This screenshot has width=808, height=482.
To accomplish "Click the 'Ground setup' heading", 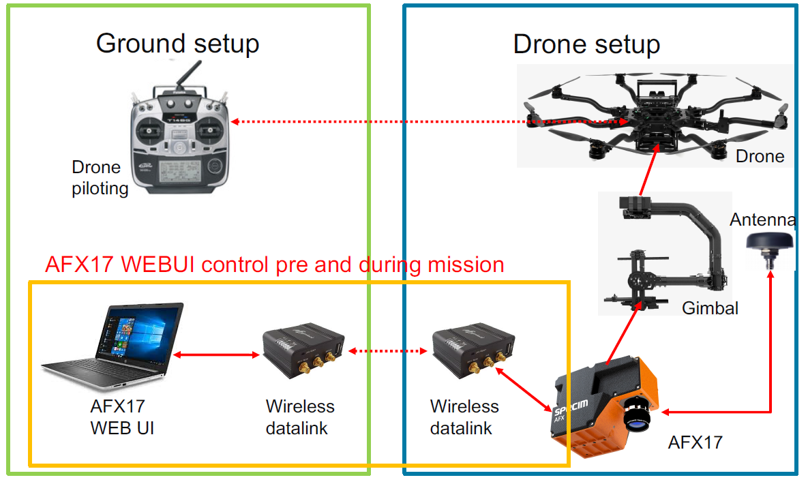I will (177, 44).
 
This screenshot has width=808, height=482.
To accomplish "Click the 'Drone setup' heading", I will (586, 45).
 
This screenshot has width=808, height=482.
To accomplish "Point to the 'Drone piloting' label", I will (100, 177).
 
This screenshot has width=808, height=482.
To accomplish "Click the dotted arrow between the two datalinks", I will (389, 351).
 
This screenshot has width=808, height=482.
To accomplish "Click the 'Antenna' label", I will (762, 220).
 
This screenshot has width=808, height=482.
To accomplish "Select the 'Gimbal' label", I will (710, 308).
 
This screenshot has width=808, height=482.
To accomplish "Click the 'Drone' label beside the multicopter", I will (760, 156).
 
